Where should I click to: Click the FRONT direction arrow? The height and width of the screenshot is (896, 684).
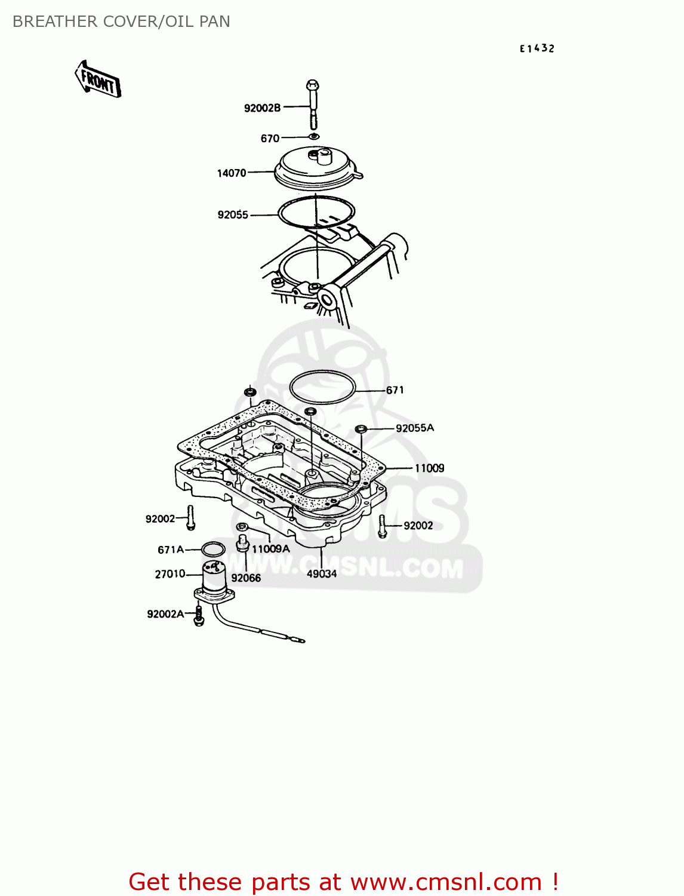(97, 79)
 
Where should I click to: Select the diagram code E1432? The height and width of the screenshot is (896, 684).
(537, 48)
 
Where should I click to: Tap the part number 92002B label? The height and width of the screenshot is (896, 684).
(262, 108)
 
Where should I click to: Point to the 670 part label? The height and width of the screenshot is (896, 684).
(270, 139)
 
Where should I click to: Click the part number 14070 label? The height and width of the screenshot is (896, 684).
(231, 173)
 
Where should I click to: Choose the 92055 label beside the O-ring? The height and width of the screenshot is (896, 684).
(233, 214)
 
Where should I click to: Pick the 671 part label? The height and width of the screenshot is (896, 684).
(395, 390)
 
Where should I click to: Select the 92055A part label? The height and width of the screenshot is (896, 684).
(415, 428)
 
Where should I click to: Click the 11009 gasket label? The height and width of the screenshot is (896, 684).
(430, 468)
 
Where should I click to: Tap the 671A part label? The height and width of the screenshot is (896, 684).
(171, 550)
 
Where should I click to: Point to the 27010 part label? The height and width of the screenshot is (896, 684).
(170, 575)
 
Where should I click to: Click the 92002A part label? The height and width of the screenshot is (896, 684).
(165, 614)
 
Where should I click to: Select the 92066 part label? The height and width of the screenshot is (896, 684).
(246, 578)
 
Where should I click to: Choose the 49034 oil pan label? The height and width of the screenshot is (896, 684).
(322, 574)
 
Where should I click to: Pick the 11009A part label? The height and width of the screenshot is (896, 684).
(271, 549)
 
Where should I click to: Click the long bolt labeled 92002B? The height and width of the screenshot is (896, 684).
(313, 105)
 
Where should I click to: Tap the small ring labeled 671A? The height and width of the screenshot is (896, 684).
(213, 550)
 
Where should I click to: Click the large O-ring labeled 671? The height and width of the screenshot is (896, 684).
(322, 387)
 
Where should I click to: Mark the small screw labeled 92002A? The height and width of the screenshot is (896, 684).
(199, 616)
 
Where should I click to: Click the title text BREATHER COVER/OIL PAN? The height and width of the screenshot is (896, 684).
(122, 22)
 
